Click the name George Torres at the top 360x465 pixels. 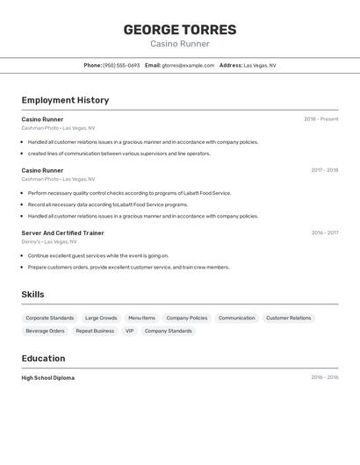tap(179, 30)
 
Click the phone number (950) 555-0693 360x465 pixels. tap(121, 65)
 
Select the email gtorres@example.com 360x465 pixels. tap(188, 65)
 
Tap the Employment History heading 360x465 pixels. tap(65, 100)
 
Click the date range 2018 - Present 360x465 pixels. tap(320, 119)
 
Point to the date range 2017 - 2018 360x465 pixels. tap(324, 170)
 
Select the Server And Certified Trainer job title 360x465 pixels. tap(62, 233)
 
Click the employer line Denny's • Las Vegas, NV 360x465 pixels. tap(49, 241)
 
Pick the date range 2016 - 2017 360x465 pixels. tap(324, 233)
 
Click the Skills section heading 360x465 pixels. tap(32, 295)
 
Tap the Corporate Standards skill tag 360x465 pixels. tap(50, 318)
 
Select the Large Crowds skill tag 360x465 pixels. tap(101, 318)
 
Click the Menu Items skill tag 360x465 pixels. tap(141, 318)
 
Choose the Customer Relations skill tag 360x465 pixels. tap(288, 318)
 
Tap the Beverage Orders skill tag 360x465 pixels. tap(45, 331)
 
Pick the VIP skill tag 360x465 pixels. tap(129, 331)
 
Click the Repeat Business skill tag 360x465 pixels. tap(95, 331)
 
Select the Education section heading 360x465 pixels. tap(43, 358)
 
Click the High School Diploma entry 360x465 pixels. tap(47, 378)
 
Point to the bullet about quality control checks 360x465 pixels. tap(129, 193)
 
